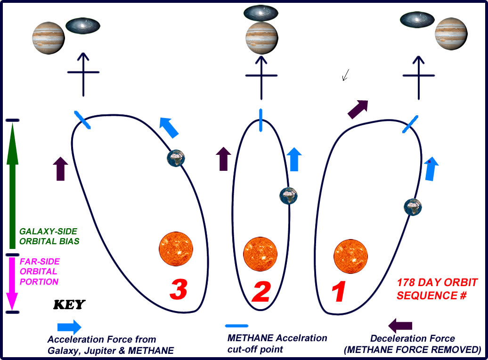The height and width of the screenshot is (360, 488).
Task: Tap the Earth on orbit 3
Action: pyautogui.click(x=176, y=157)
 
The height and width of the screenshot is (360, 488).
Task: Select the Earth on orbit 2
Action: pyautogui.click(x=288, y=195)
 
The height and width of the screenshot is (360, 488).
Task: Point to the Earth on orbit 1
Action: pyautogui.click(x=413, y=206)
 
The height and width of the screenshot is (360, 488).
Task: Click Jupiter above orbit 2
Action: pyautogui.click(x=261, y=37)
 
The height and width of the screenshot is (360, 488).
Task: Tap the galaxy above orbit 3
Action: pyautogui.click(x=82, y=25)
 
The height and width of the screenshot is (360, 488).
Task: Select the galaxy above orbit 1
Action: pyautogui.click(x=417, y=20)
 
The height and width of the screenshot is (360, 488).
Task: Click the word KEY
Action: pyautogui.click(x=69, y=305)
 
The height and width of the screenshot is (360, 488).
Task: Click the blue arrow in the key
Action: pyautogui.click(x=69, y=327)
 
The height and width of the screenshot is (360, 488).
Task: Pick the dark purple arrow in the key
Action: pyautogui.click(x=400, y=325)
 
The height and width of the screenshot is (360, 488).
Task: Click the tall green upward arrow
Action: pyautogui.click(x=12, y=188)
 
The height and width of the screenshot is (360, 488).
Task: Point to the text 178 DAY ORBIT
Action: pyautogui.click(x=437, y=283)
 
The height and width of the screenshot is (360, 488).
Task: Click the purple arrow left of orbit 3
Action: pyautogui.click(x=61, y=168)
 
